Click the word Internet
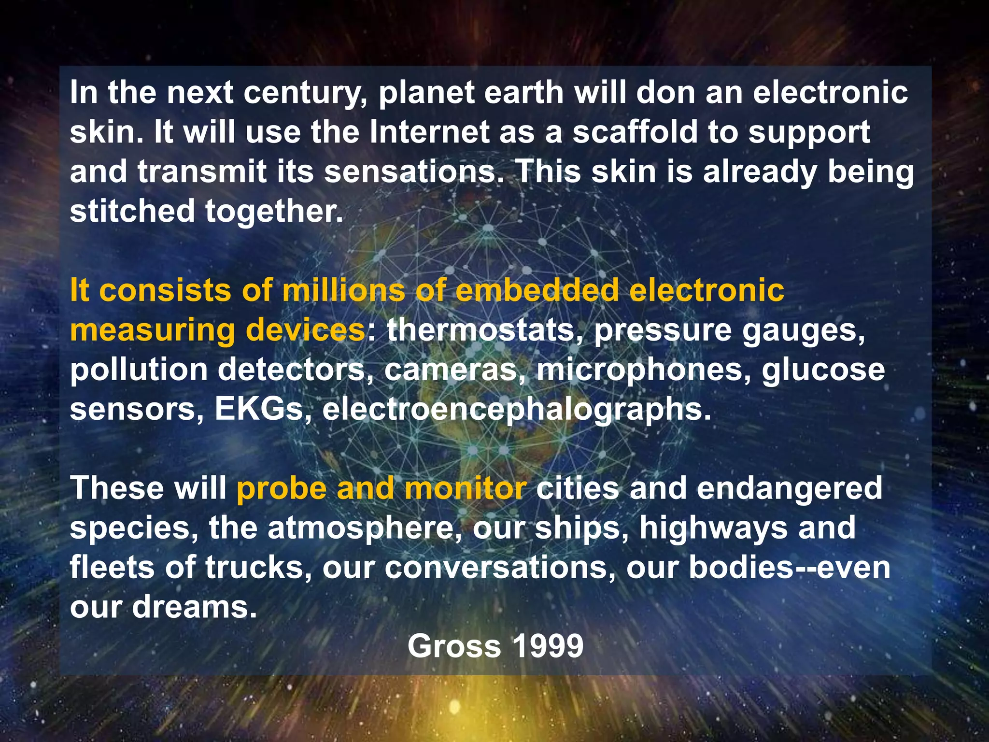[429, 132]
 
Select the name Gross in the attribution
[454, 646]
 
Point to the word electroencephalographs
[516, 409]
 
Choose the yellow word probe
[282, 488]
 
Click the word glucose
[823, 370]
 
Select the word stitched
[132, 211]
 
